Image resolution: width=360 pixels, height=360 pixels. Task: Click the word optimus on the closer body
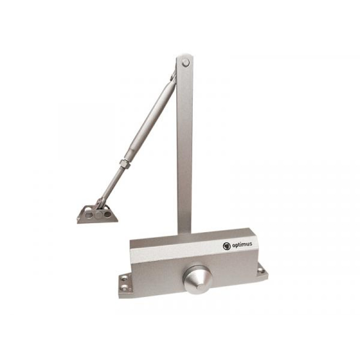tap(242, 245)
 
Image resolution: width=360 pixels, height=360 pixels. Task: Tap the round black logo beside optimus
tap(226, 246)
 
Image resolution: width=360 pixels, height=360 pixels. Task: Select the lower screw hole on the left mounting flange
tap(124, 287)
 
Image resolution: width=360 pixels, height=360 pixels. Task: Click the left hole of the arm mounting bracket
tap(89, 215)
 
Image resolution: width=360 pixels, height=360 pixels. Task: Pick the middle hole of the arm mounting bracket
tap(98, 215)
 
